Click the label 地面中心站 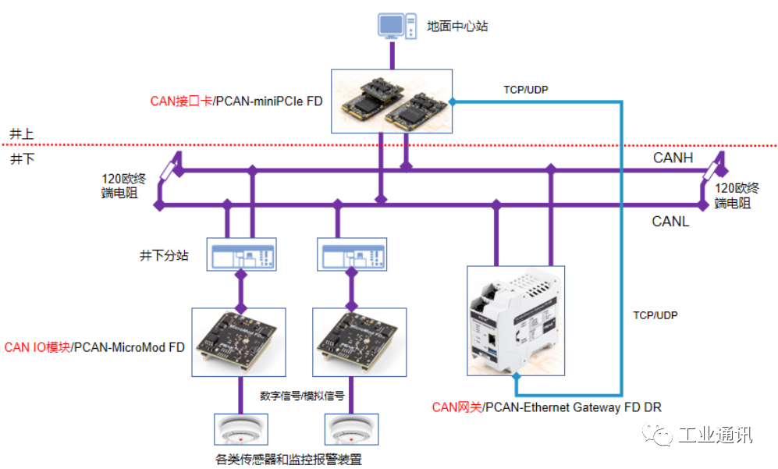[457, 26]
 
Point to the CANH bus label [673, 158]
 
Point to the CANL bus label [670, 222]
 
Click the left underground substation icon [241, 254]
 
